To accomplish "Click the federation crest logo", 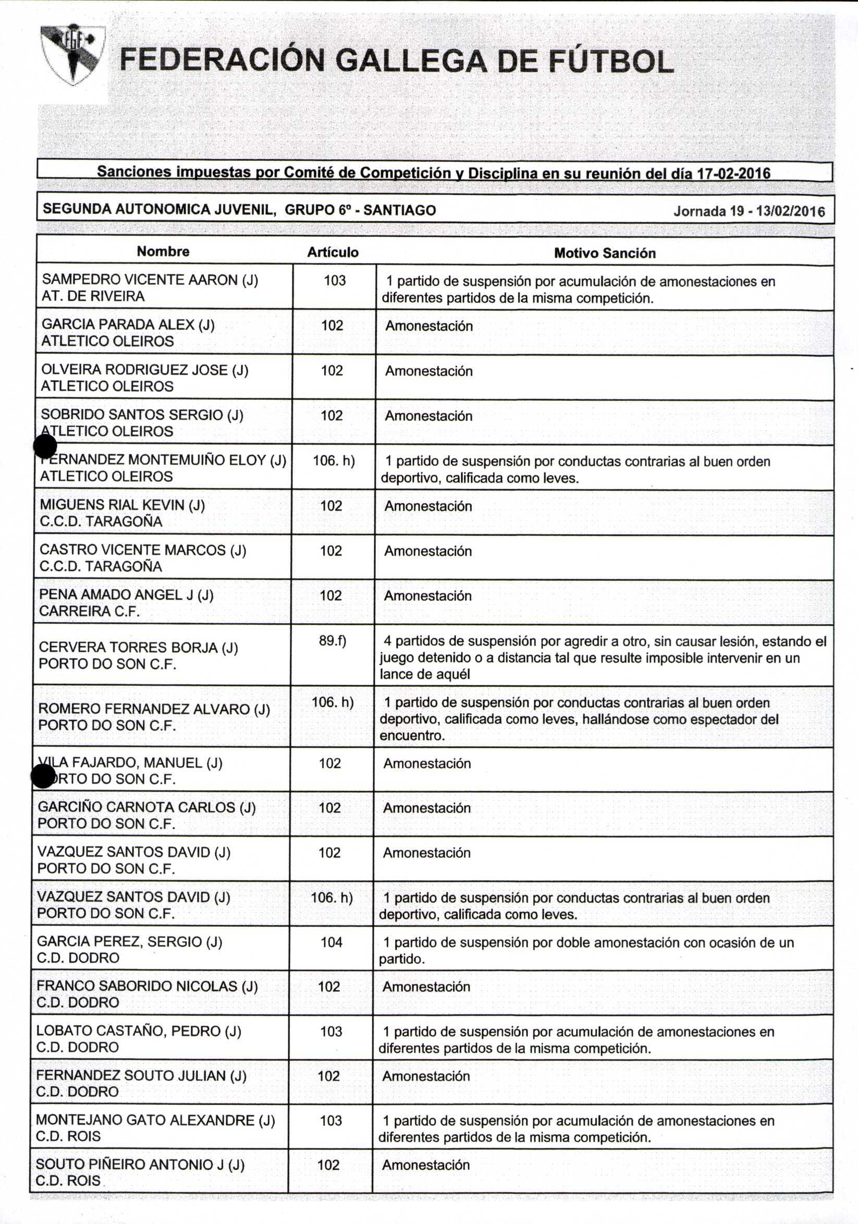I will (x=73, y=54).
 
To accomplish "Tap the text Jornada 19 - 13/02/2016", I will (x=749, y=211).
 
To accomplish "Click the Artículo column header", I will (x=333, y=252).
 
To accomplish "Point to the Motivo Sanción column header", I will (x=604, y=253).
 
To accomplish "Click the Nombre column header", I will (x=163, y=251).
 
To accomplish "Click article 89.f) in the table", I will (x=333, y=640).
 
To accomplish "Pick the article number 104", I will (x=331, y=942).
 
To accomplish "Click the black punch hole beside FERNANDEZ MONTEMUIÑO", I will (x=45, y=446).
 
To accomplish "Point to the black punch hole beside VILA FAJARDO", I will (x=43, y=776).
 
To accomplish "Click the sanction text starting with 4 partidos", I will (x=602, y=657).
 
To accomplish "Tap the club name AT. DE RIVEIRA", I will (x=93, y=296).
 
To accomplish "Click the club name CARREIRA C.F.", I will (x=90, y=611).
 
